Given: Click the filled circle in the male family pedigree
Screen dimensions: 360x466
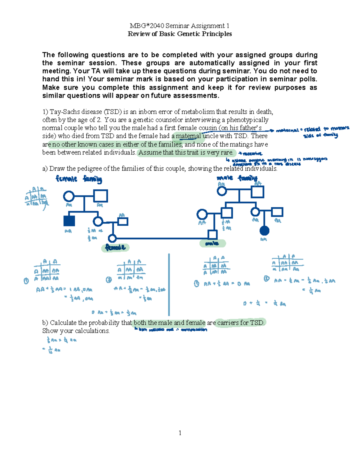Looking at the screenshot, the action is (x=264, y=230).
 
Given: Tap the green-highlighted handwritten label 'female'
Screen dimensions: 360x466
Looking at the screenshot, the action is (x=115, y=248).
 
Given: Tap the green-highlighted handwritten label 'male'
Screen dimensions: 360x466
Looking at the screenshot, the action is (x=212, y=244).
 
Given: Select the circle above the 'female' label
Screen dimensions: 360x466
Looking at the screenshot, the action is (x=112, y=238).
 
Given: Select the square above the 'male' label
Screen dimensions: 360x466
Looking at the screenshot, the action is (x=212, y=234).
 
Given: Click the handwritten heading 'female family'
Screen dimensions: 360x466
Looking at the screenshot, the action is (x=79, y=179).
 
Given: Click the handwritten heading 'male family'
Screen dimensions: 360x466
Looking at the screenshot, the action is (x=237, y=178).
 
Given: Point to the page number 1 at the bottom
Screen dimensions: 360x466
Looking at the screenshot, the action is (x=180, y=433).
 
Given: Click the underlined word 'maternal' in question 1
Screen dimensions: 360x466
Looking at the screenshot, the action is (x=188, y=136).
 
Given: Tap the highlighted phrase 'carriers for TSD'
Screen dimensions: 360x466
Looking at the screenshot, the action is (x=240, y=323).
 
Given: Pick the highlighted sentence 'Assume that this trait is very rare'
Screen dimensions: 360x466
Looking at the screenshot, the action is (x=186, y=152).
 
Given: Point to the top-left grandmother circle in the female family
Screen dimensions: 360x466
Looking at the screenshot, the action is (x=69, y=197).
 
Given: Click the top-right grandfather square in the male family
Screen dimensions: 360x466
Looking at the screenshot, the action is (x=257, y=191).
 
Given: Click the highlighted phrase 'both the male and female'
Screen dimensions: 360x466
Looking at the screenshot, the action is (x=169, y=323).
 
